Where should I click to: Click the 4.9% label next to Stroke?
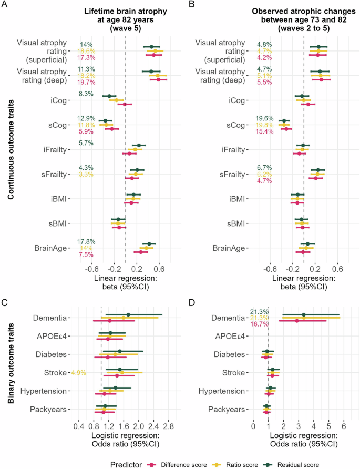tap(78, 373)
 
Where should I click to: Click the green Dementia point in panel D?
tap(304, 315)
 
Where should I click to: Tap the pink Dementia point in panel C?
tap(109, 321)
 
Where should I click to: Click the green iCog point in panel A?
tap(109, 96)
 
